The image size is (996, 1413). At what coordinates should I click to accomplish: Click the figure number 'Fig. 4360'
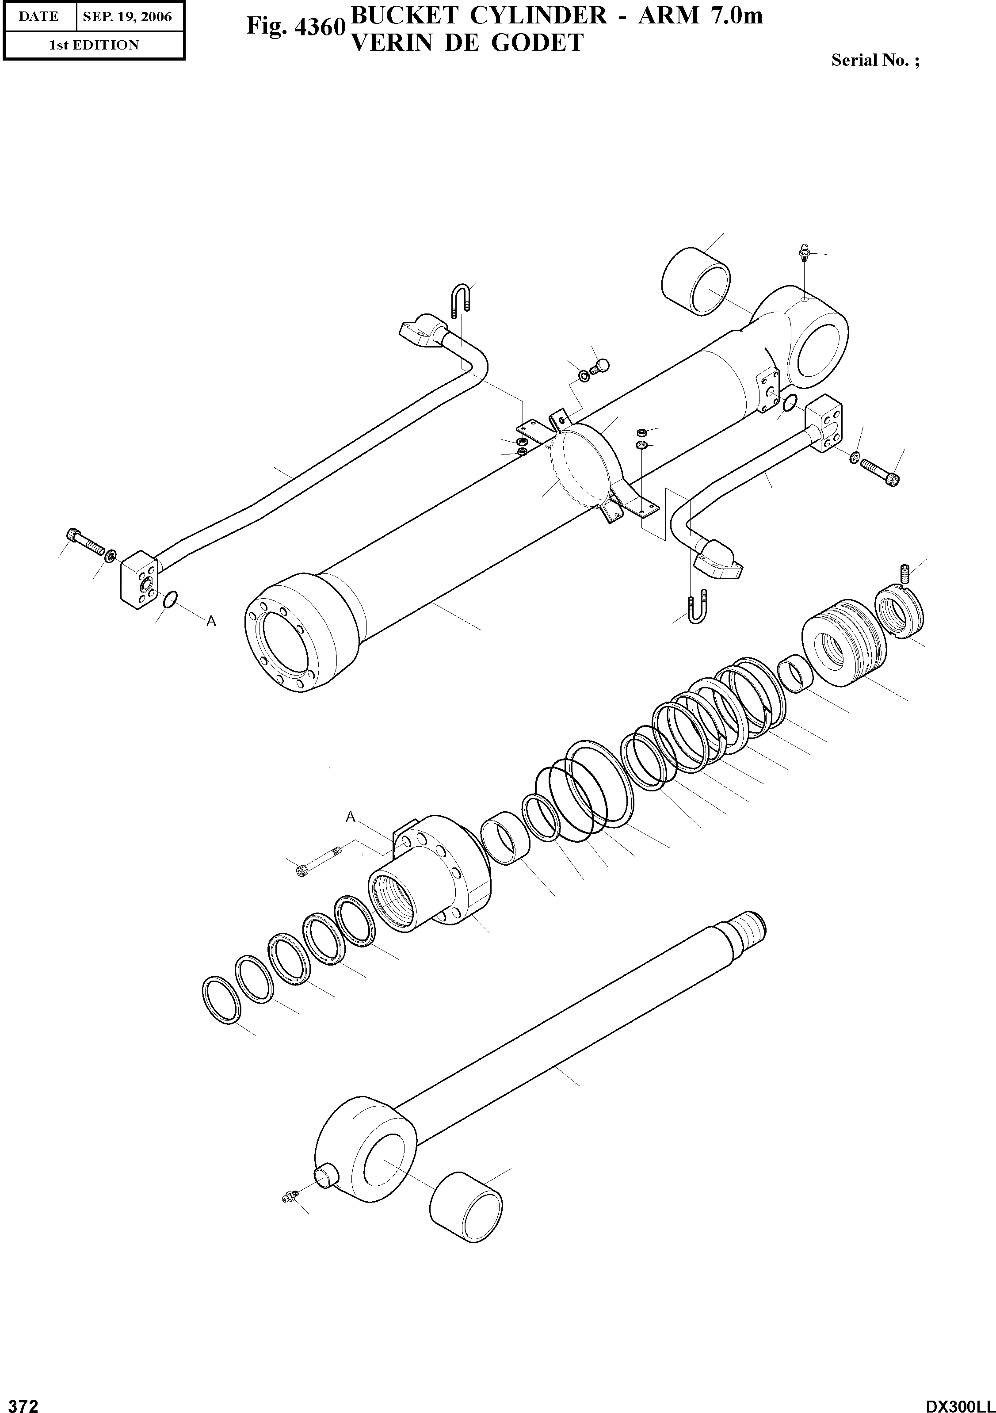pyautogui.click(x=294, y=26)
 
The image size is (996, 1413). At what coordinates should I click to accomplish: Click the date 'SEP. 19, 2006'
pyautogui.click(x=127, y=17)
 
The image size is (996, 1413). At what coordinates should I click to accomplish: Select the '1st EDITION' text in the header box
pyautogui.click(x=94, y=45)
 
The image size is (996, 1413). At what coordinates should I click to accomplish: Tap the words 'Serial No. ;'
pyautogui.click(x=875, y=60)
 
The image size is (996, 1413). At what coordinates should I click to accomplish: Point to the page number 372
pyautogui.click(x=20, y=1405)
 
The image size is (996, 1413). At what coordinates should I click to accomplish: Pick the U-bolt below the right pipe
pyautogui.click(x=696, y=608)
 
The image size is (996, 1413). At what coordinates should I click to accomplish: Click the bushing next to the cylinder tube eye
pyautogui.click(x=697, y=281)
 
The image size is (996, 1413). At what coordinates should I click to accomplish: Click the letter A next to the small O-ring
pyautogui.click(x=211, y=622)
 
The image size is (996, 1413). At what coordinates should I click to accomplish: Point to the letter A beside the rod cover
pyautogui.click(x=350, y=817)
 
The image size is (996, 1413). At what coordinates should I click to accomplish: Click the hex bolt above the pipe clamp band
pyautogui.click(x=600, y=367)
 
